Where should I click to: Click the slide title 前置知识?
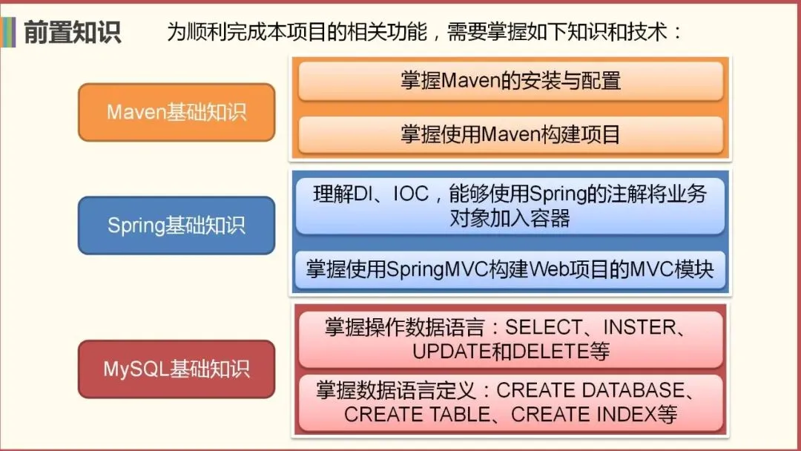(72, 33)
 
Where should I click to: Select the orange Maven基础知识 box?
(177, 112)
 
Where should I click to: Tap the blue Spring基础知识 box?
(177, 225)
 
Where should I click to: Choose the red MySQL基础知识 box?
(177, 369)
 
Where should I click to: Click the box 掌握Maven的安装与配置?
(510, 81)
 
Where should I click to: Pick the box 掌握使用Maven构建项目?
(510, 134)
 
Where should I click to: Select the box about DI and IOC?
(510, 206)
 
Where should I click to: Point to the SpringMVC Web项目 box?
(510, 269)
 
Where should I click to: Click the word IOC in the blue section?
(411, 194)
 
